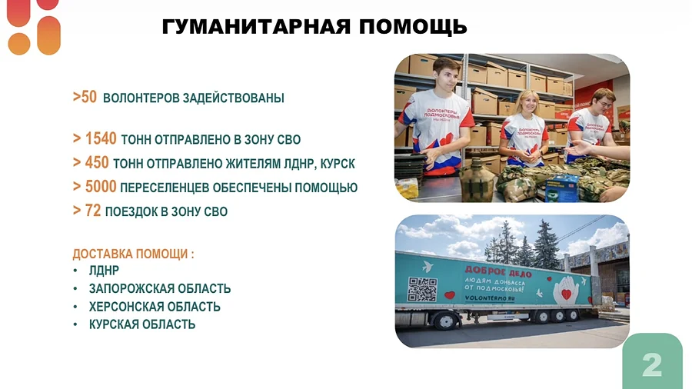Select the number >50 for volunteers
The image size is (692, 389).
[x=85, y=98]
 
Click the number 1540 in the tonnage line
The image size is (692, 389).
[x=101, y=139]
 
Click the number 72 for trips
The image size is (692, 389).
[x=93, y=211]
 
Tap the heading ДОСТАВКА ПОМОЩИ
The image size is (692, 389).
[x=133, y=254]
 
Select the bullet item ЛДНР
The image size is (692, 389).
[x=104, y=271]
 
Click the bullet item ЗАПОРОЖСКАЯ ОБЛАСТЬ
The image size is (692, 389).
[x=160, y=289]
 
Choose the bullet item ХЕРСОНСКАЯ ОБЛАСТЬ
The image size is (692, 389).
[x=155, y=307]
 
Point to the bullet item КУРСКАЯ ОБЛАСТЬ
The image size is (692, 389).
[x=142, y=324]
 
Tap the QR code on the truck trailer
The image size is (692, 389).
[x=422, y=288]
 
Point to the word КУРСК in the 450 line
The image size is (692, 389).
[x=338, y=164]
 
